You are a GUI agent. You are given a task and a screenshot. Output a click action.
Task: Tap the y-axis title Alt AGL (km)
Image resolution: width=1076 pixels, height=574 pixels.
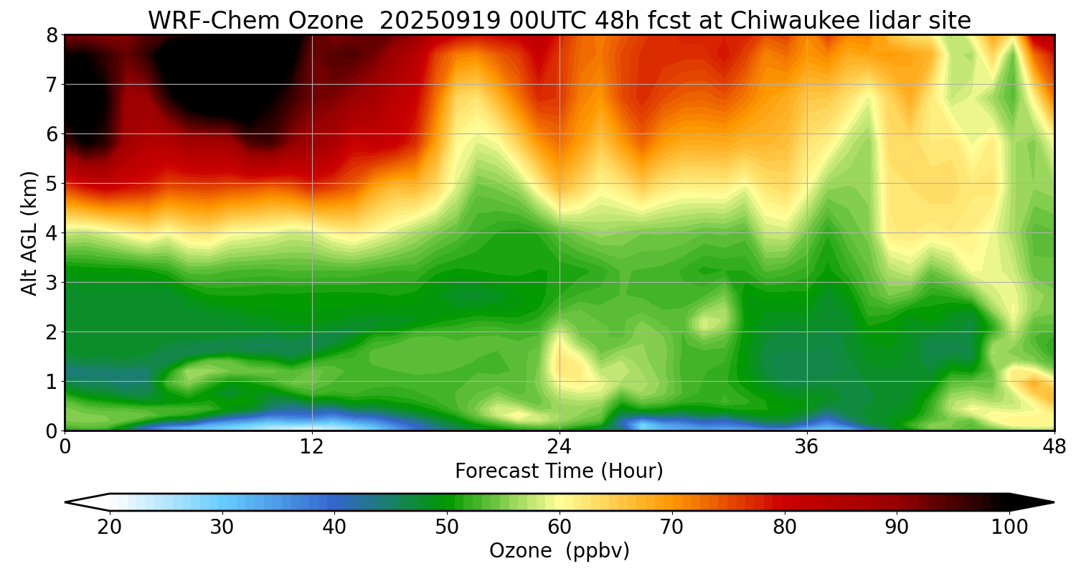coord(29,232)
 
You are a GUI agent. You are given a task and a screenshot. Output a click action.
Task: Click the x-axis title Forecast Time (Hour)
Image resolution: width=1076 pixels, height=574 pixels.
coord(559,471)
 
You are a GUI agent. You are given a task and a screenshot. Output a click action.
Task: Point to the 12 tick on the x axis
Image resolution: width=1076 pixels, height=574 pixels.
coord(312,447)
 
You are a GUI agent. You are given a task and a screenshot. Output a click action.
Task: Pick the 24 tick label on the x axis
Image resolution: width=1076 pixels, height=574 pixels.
coord(560,447)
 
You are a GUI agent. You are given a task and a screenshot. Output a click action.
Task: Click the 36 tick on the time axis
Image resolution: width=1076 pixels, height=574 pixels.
coord(807,447)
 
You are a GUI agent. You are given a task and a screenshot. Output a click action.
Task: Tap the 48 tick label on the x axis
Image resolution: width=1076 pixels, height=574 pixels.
coord(1054,447)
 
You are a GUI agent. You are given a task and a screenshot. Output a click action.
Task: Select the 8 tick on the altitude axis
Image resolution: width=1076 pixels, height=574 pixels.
coord(52,35)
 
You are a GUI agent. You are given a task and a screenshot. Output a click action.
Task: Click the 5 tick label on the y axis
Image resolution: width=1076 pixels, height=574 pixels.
coord(52,184)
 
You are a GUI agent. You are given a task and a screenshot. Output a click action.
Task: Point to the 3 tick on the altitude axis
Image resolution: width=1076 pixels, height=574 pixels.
coord(52,283)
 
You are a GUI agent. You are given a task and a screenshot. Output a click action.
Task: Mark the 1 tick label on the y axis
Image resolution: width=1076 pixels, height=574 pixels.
coord(52,382)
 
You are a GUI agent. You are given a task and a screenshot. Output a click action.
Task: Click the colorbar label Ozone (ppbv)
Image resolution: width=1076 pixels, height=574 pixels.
coord(559,551)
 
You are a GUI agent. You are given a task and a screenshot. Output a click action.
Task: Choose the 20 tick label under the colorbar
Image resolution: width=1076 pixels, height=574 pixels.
coord(110,527)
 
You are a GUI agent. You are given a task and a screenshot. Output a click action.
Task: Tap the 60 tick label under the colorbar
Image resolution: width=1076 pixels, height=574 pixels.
coord(560,527)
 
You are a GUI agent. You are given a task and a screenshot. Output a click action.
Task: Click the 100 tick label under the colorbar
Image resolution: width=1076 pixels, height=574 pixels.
coord(1009,527)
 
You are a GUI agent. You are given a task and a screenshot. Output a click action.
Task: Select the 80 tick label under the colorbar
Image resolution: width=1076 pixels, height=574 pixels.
coord(785,527)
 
